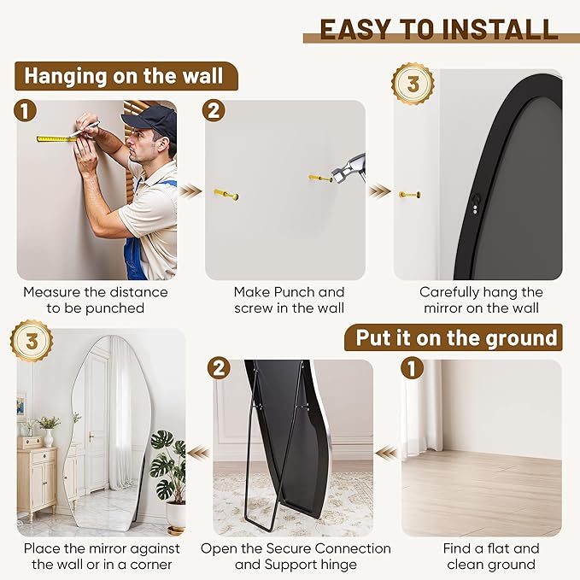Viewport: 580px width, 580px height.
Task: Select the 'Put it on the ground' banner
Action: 456,337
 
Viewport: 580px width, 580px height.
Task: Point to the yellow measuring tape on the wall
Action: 56,138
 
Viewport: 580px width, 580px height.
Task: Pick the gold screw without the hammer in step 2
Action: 226,195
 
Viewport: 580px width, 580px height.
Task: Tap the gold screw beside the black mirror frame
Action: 409,195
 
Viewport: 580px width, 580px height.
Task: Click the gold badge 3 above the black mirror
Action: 413,85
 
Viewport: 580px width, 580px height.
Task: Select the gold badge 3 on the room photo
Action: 32,342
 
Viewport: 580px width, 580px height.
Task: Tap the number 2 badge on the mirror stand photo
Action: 220,369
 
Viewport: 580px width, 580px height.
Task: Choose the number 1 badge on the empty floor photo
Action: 412,369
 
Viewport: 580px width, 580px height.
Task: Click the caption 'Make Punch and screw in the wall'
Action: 290,300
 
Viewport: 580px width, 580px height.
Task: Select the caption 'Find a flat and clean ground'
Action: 490,556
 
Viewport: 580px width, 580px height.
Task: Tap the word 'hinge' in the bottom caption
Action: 336,565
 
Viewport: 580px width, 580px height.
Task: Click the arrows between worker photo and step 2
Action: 191,190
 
